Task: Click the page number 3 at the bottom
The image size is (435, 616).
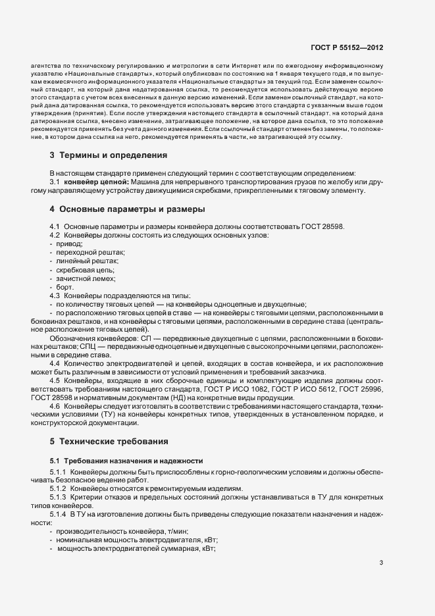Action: click(x=382, y=563)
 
